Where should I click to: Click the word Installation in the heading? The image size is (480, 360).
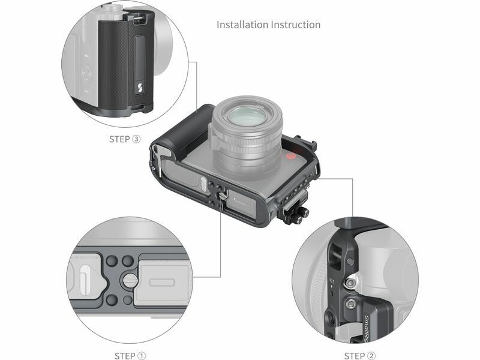click(x=242, y=25)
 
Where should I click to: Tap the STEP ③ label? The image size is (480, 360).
click(x=125, y=139)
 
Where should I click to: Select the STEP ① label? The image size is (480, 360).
click(x=130, y=356)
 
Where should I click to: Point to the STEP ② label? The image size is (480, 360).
click(x=359, y=356)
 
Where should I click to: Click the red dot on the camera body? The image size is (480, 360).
click(x=290, y=157)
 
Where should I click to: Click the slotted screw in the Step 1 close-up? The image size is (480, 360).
click(x=130, y=280)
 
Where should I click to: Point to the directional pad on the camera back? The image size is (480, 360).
click(x=87, y=73)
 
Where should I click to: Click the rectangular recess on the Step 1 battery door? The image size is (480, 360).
click(x=162, y=281)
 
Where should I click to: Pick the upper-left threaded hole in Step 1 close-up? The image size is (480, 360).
click(x=112, y=261)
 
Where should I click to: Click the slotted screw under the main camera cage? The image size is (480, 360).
click(x=223, y=196)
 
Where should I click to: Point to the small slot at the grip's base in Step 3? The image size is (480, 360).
click(x=137, y=107)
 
